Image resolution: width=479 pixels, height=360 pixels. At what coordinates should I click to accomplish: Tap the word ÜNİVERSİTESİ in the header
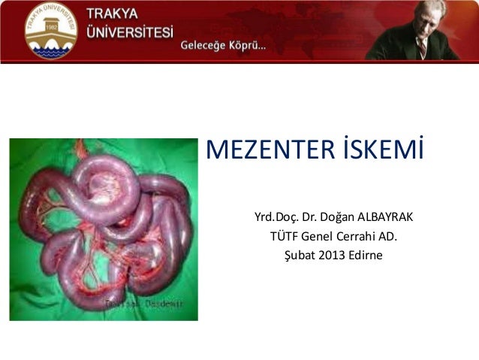(x=128, y=34)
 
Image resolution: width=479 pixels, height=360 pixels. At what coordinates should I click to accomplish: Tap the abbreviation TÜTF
(x=285, y=237)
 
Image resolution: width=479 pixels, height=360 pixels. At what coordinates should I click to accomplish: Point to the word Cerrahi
(x=359, y=237)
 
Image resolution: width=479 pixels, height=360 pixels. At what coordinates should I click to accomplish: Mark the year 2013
(x=336, y=256)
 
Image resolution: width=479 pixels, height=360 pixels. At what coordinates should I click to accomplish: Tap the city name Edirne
(x=368, y=256)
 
